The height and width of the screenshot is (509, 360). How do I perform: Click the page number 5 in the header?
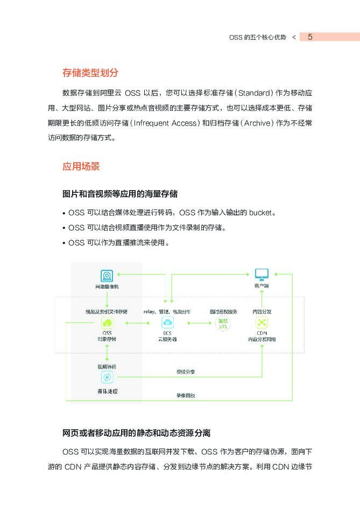tap(310, 37)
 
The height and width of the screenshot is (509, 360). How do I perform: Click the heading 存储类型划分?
tap(90, 72)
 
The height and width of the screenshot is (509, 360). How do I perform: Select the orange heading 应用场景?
tap(81, 166)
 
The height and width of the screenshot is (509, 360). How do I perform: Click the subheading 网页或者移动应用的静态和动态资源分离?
tap(137, 433)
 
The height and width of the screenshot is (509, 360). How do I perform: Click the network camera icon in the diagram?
tap(107, 275)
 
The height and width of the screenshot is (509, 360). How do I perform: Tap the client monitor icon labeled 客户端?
tap(262, 274)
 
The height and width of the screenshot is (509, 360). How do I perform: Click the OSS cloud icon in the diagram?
tap(107, 323)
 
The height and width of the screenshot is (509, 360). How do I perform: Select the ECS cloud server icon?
tap(167, 323)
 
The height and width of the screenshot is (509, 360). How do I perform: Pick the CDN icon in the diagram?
tap(262, 323)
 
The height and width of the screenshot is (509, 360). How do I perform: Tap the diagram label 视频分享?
tap(186, 372)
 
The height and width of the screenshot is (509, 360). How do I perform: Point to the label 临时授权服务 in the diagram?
tap(223, 311)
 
